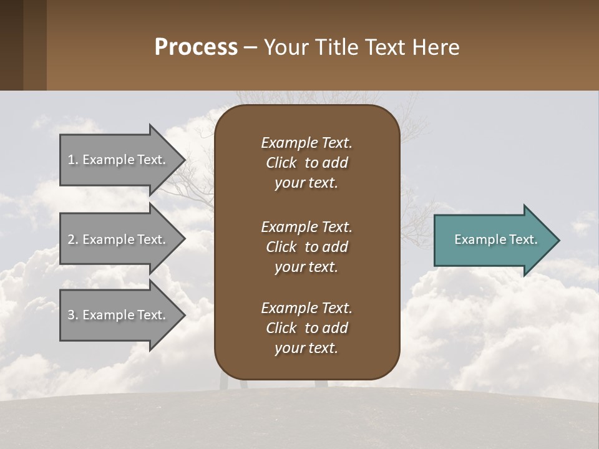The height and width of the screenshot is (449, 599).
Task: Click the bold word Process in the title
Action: click(196, 47)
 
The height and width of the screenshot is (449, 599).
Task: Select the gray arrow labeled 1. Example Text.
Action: click(119, 160)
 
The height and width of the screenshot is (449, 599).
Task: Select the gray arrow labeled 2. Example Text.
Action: click(119, 239)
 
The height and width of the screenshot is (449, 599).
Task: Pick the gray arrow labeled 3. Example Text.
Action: click(119, 315)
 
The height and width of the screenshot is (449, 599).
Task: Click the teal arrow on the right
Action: click(493, 240)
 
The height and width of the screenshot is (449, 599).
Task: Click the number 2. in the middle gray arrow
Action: click(72, 239)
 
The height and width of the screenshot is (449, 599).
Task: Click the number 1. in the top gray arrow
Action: click(72, 160)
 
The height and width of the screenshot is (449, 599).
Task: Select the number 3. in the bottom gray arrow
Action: click(72, 315)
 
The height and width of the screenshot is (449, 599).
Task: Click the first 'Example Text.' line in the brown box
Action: click(306, 143)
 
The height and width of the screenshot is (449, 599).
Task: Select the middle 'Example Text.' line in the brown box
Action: click(306, 227)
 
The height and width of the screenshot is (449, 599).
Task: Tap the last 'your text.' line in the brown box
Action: click(306, 349)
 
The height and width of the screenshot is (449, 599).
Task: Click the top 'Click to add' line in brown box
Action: click(306, 163)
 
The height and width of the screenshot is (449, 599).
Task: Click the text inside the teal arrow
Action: click(495, 239)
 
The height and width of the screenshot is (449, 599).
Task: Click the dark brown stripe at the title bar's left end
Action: click(11, 45)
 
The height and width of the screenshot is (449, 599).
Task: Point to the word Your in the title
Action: click(285, 47)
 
